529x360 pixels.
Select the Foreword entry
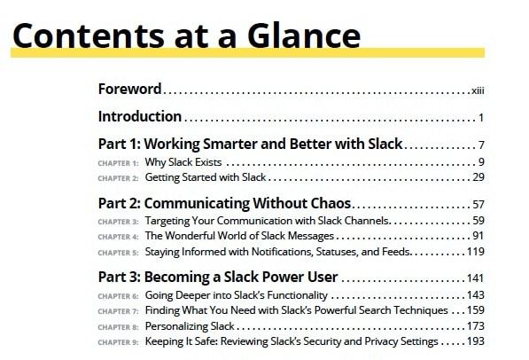(129, 89)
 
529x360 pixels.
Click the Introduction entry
(140, 116)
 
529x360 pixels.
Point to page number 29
(477, 176)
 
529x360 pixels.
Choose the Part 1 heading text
(250, 143)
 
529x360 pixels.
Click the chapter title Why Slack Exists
(183, 162)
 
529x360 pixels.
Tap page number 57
(477, 205)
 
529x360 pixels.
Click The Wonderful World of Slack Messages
(239, 236)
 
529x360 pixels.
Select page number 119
(474, 252)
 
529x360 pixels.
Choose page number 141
(474, 278)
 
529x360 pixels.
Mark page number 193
(474, 341)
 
